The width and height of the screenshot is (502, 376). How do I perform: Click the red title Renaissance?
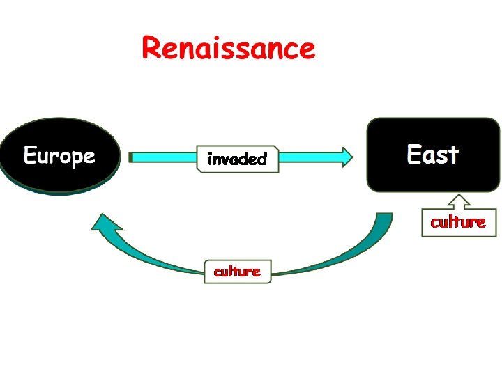229,49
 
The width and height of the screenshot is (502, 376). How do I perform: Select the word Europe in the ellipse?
59,156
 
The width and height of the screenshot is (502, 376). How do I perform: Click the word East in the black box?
432,155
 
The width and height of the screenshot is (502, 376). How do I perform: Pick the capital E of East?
414,155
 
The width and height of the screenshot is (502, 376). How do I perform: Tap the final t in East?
454,155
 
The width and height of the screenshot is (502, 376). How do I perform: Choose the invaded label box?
238,159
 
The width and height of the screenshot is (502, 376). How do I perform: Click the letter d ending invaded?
261,159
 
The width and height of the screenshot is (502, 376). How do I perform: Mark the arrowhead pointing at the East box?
344,157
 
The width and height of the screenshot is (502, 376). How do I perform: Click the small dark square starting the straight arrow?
130,157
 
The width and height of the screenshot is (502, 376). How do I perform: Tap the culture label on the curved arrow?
237,272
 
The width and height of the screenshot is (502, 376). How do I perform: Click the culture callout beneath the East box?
458,222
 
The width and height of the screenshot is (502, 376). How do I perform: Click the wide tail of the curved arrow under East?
382,226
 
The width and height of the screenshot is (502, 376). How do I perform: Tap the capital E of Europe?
31,155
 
